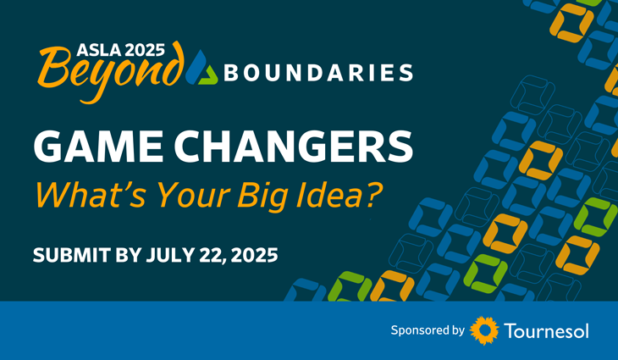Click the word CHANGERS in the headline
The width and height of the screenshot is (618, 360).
pyautogui.click(x=294, y=147)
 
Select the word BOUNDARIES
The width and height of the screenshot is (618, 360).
pyautogui.click(x=318, y=73)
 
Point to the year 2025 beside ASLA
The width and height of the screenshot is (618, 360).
pyautogui.click(x=145, y=50)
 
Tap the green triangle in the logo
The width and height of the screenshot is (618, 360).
pyautogui.click(x=208, y=75)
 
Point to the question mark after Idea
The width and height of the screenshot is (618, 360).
pyautogui.click(x=372, y=194)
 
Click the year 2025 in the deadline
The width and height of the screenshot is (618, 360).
pyautogui.click(x=255, y=255)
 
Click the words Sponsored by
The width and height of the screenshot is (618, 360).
pyautogui.click(x=428, y=330)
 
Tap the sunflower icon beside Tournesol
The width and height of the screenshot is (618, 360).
pyautogui.click(x=484, y=330)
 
